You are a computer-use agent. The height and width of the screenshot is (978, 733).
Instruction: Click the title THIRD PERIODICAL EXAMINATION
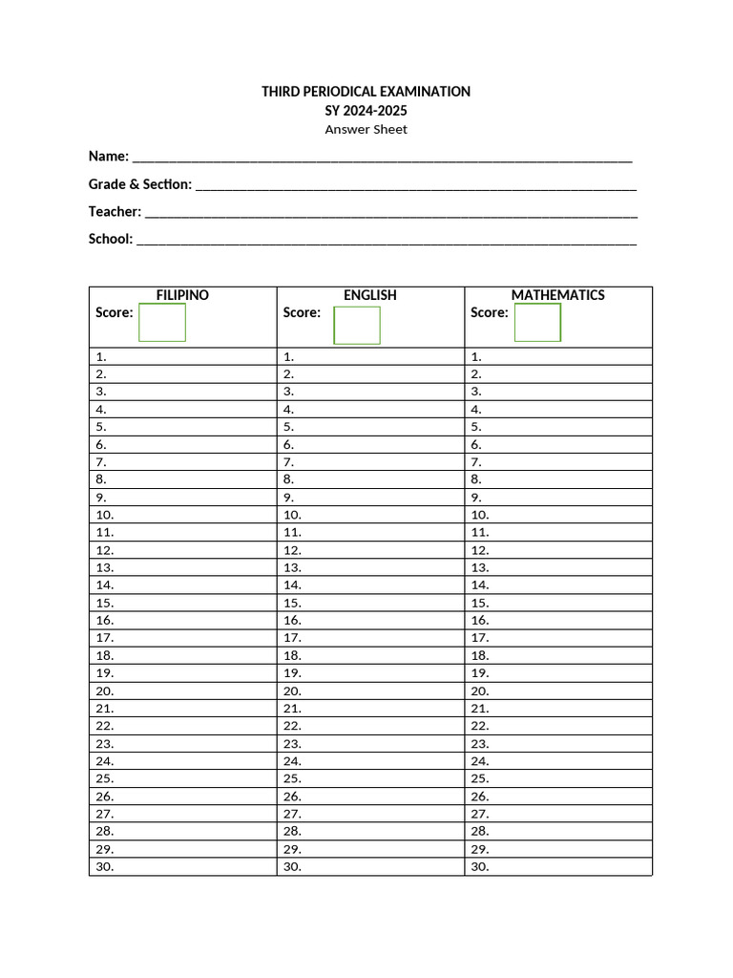click(366, 92)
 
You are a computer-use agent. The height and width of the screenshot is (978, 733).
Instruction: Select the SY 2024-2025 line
click(366, 111)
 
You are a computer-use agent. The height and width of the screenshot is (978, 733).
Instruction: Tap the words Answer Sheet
click(366, 130)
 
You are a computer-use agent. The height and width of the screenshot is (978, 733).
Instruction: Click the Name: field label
click(109, 156)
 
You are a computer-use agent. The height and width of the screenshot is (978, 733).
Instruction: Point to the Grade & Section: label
click(140, 183)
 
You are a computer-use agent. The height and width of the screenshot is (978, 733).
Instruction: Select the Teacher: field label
click(115, 211)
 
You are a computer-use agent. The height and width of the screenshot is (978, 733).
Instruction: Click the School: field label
click(111, 239)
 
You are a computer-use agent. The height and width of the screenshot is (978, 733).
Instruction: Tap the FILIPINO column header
click(182, 295)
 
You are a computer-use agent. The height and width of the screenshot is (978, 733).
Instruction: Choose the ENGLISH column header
click(370, 295)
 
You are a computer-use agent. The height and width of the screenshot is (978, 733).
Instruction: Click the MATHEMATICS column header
click(558, 295)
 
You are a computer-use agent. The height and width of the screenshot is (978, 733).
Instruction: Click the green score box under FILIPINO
click(162, 322)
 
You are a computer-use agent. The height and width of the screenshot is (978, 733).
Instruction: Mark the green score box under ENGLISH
click(357, 325)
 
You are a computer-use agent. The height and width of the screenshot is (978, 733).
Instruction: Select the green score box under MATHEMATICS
click(537, 322)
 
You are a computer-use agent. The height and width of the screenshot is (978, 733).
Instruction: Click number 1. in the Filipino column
click(101, 356)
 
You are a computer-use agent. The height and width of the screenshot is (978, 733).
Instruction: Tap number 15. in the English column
click(293, 603)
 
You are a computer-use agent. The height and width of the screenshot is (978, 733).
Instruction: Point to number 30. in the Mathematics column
click(480, 867)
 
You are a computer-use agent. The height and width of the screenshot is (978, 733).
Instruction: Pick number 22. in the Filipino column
click(105, 726)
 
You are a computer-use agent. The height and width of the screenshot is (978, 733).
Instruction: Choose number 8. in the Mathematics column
click(476, 479)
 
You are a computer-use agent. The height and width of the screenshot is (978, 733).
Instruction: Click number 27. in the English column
click(293, 814)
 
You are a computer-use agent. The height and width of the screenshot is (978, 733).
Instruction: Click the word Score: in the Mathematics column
click(490, 312)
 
